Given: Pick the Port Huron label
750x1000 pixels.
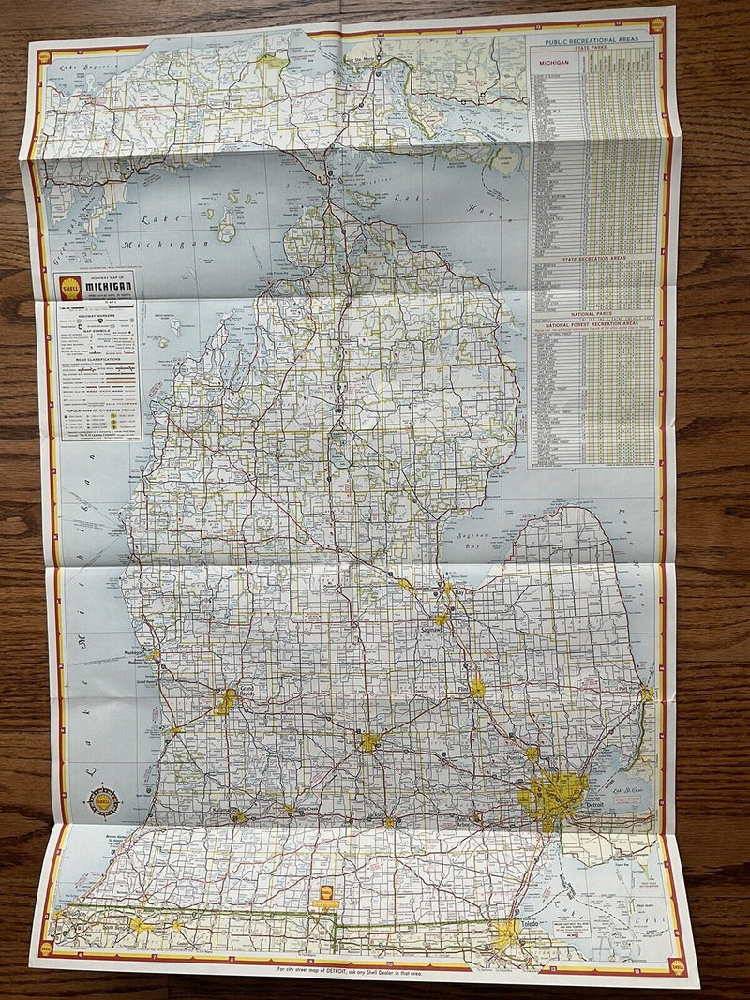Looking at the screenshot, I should tap(629, 688).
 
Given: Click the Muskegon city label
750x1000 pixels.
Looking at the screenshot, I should tap(135, 653).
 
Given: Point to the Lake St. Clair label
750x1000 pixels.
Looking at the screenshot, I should tap(625, 794).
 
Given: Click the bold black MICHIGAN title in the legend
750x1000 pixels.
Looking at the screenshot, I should tap(110, 284).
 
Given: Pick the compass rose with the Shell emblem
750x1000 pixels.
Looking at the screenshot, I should tap(103, 800).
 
